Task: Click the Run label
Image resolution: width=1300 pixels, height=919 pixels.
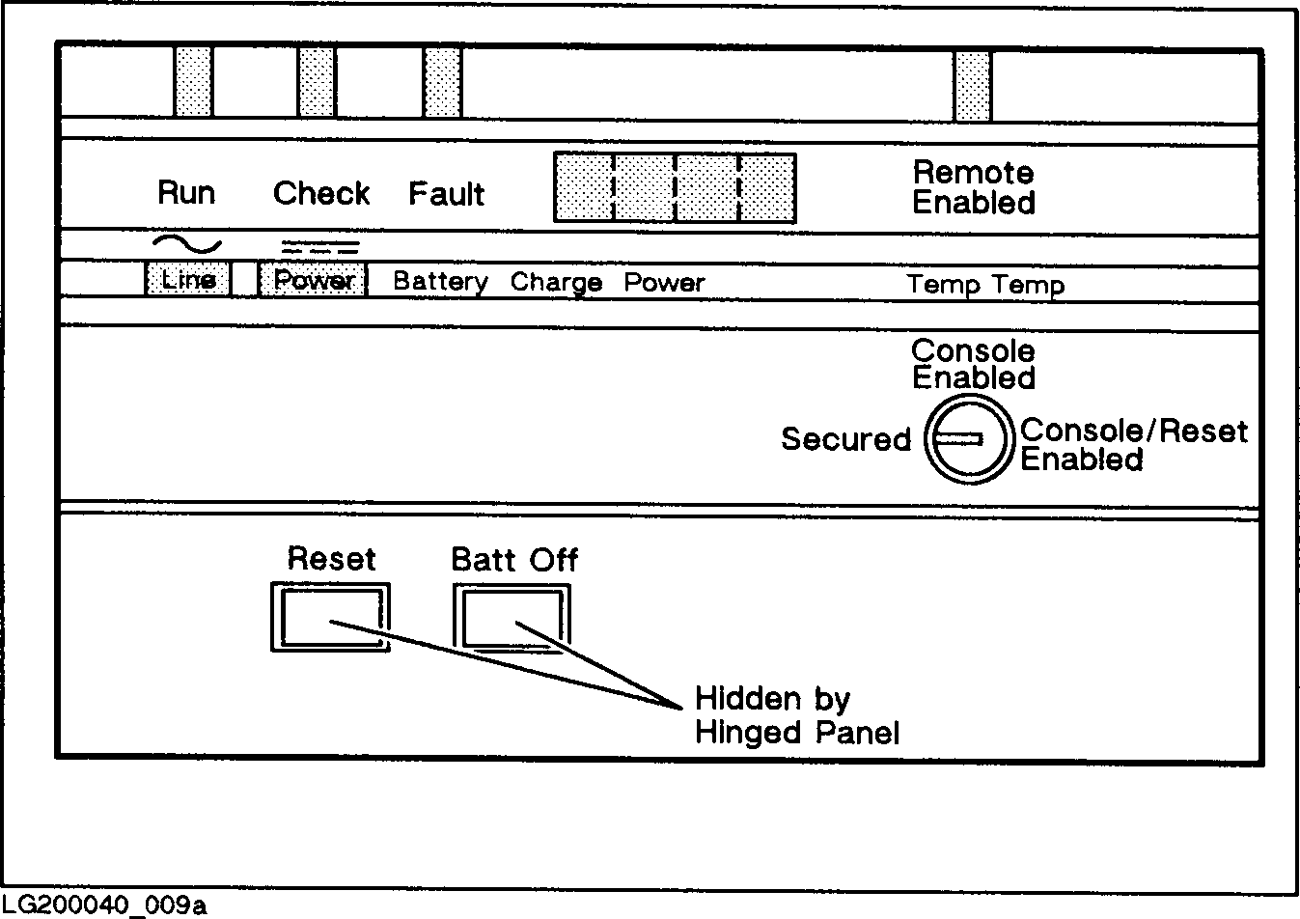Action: (186, 193)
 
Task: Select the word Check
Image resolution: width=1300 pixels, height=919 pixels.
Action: (321, 193)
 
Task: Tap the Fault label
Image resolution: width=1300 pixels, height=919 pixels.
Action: (446, 194)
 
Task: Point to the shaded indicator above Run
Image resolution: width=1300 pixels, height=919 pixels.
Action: (193, 82)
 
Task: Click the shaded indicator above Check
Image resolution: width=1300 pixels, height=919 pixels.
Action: (317, 82)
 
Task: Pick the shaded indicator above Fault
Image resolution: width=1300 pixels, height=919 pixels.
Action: (443, 82)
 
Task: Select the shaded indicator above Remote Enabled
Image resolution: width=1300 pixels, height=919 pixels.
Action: (973, 85)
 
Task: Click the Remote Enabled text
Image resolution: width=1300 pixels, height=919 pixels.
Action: (974, 187)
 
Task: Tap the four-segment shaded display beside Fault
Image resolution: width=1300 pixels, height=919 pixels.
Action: (675, 187)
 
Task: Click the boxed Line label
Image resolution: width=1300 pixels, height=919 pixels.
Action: (188, 280)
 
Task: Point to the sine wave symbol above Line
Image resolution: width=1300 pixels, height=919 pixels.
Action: (186, 244)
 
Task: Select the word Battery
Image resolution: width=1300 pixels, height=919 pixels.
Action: (440, 282)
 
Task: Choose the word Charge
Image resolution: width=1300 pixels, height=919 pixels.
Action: (556, 282)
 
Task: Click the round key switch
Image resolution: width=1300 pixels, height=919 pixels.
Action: (968, 440)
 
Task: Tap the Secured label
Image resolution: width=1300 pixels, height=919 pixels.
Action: (845, 439)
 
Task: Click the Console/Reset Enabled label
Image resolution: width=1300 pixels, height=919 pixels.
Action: (1133, 444)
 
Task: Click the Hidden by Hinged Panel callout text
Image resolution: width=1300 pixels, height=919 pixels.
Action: (796, 715)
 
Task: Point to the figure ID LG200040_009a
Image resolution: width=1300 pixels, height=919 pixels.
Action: (103, 905)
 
